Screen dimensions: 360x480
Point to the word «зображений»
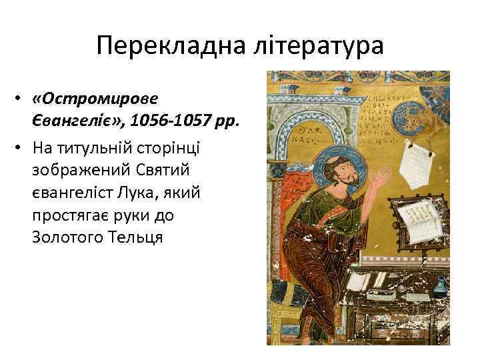click(x=74, y=170)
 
